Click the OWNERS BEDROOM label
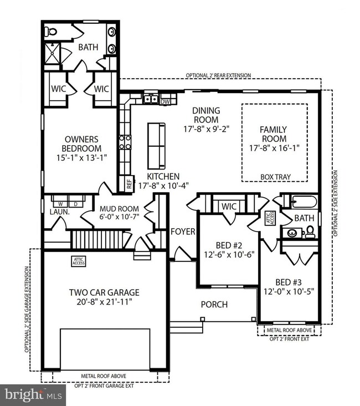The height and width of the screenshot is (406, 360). pos(83,144)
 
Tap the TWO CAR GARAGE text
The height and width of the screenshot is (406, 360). pos(104,292)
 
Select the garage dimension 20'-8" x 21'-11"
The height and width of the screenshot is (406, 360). pos(104,302)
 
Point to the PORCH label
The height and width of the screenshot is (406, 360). pos(214,305)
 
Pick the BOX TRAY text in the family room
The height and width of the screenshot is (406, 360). pos(275,177)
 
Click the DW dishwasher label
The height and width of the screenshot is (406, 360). pos(164,102)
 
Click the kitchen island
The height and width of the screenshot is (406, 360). pos(156,146)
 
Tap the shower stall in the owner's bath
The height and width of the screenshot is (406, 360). pos(52,54)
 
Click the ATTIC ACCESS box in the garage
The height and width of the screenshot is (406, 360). pos(78,260)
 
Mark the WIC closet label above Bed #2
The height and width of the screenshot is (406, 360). pos(229,206)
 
